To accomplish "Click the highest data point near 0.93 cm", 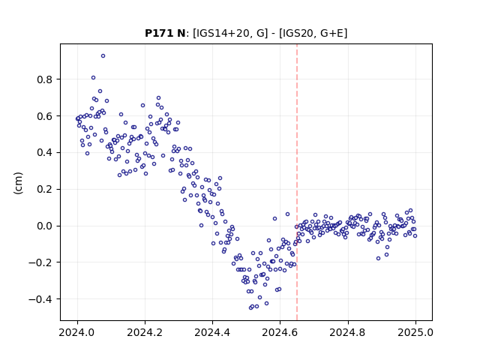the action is click(x=103, y=56).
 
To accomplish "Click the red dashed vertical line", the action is click(x=297, y=182).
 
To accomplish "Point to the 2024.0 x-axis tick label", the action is click(x=77, y=332).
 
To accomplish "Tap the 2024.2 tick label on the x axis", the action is click(x=145, y=332).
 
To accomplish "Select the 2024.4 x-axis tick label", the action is click(x=212, y=332).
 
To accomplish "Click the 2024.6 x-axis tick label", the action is click(x=280, y=332).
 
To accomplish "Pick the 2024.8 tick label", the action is click(x=348, y=332).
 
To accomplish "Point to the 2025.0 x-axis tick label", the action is click(x=415, y=332).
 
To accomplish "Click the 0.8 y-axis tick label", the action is click(x=45, y=79).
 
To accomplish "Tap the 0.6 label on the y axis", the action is click(x=45, y=116).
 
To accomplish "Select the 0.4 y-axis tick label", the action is click(x=45, y=153).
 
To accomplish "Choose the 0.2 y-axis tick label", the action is click(x=45, y=190).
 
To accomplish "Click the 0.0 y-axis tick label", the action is click(x=45, y=226).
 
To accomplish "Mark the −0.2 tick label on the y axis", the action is click(x=41, y=262).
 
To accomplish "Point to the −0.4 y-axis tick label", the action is click(x=41, y=299).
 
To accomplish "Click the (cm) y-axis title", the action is click(x=18, y=183).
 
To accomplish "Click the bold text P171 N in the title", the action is click(x=165, y=33).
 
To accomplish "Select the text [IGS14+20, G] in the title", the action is click(x=230, y=33).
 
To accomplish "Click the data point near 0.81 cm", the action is click(x=93, y=78).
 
